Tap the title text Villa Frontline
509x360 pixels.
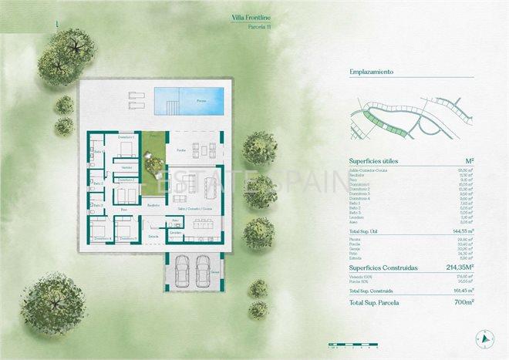click(254, 16)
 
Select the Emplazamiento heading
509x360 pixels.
click(372, 72)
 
